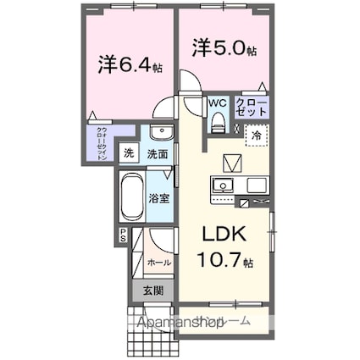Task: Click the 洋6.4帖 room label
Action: point(127,64)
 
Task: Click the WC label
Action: point(217,103)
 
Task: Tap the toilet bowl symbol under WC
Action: point(218,122)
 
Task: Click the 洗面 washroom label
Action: point(157,154)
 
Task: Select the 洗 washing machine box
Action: point(128,153)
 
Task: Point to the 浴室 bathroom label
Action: point(158,200)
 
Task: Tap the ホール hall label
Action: point(159,263)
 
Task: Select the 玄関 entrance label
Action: point(153,291)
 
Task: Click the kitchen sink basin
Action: point(224,186)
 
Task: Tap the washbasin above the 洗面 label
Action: point(158,133)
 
